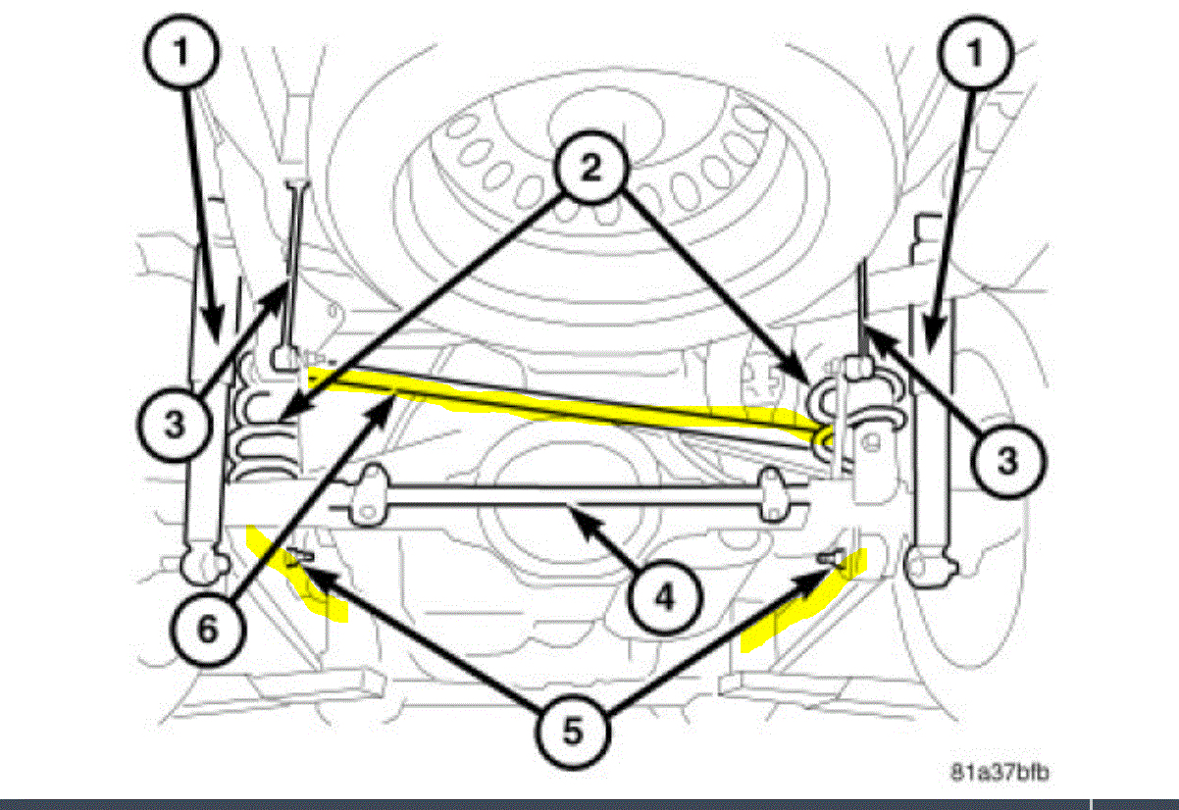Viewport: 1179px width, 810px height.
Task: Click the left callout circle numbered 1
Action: click(180, 52)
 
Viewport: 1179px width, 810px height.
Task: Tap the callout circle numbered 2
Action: click(589, 169)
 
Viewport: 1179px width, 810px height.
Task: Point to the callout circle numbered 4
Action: click(664, 595)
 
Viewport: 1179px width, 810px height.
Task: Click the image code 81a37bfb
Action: click(1000, 773)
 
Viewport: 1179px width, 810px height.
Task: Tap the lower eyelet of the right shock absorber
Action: click(927, 566)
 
